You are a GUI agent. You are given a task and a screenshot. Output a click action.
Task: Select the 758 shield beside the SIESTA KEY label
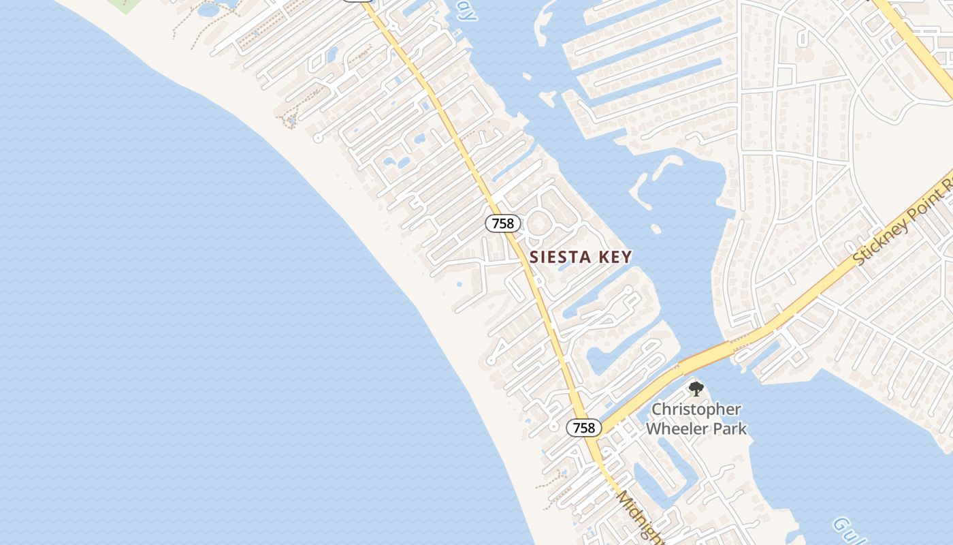(x=503, y=223)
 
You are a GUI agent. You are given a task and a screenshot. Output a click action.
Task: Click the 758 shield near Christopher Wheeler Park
(x=583, y=428)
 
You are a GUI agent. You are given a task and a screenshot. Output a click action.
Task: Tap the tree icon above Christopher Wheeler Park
(x=695, y=389)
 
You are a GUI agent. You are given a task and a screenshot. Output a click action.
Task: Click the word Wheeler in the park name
(x=675, y=429)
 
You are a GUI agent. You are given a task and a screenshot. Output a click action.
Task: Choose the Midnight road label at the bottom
(x=640, y=518)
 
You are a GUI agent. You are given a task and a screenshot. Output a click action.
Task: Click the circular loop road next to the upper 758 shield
(x=540, y=223)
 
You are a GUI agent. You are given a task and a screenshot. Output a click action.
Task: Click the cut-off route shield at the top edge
(x=357, y=1)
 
